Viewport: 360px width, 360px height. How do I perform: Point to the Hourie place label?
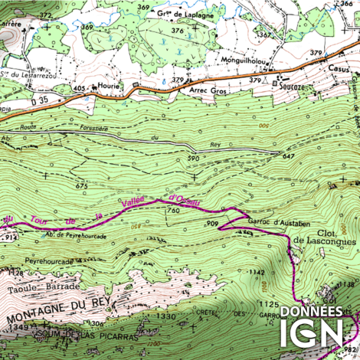click(108, 87)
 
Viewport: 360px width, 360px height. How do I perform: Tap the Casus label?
click(338, 67)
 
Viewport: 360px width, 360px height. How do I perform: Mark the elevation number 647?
click(288, 156)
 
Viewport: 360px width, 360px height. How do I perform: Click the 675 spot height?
click(82, 185)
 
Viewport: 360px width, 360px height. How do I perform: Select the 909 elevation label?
click(212, 224)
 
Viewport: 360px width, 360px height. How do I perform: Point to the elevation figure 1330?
click(165, 316)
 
